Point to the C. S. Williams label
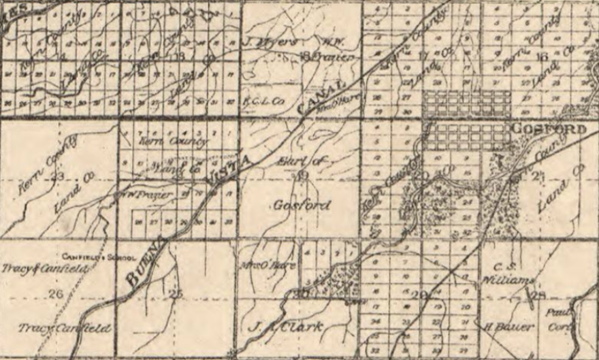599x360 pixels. click(508, 272)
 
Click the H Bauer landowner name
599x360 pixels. click(508, 326)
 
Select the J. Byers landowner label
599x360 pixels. click(270, 42)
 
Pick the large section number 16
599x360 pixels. click(542, 56)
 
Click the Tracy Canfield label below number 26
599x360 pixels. click(64, 329)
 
